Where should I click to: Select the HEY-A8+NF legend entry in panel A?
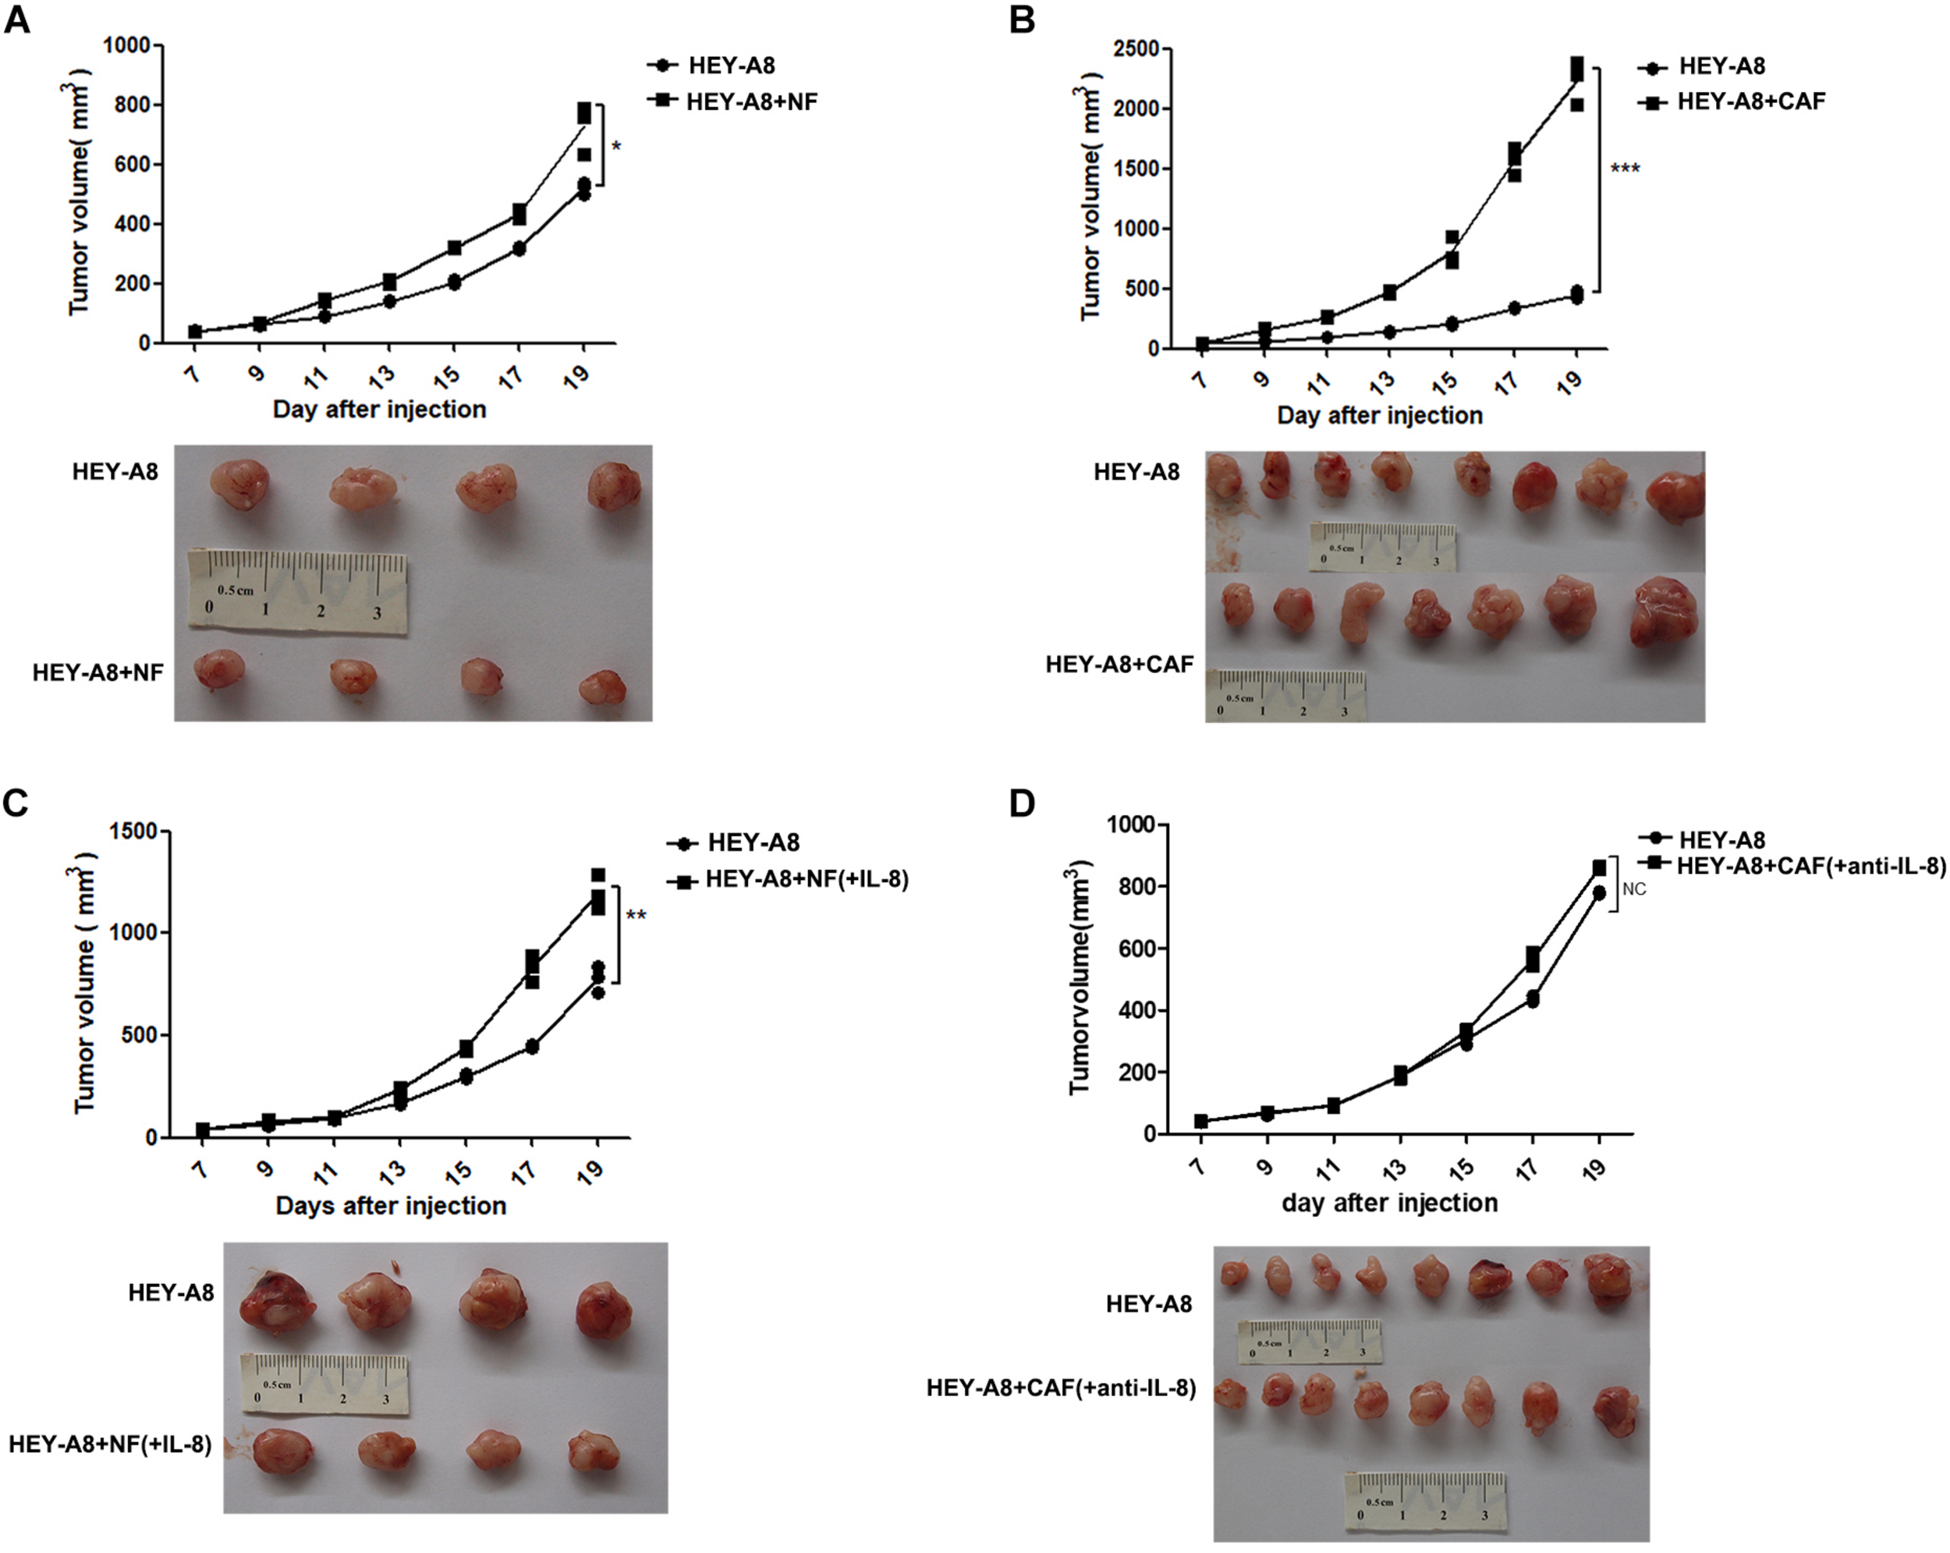750,101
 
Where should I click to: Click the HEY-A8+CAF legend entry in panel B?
1750,101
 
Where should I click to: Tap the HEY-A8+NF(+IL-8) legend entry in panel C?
806,878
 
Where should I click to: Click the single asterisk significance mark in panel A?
616,147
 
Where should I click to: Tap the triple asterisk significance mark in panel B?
1625,169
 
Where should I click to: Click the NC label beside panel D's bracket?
1633,889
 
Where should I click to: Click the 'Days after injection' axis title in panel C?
391,1206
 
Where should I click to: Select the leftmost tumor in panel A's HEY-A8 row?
239,483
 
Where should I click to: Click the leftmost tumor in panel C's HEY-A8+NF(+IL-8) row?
283,1451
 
